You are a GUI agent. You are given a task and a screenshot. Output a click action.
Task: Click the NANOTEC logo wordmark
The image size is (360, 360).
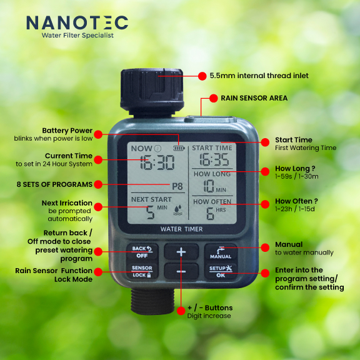[77, 22]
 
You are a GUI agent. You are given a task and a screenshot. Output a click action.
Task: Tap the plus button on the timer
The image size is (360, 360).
[181, 252]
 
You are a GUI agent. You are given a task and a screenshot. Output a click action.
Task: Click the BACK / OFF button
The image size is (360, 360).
[142, 252]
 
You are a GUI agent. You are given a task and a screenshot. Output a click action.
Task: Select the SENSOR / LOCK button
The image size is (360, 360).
[142, 271]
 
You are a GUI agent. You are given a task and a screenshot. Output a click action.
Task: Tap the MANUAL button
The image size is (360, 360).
[221, 252]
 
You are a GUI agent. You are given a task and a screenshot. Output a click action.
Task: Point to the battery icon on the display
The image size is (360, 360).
[179, 148]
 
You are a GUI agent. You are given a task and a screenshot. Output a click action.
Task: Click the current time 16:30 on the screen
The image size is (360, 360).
[157, 162]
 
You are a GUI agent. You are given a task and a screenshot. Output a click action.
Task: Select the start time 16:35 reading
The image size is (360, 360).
[214, 159]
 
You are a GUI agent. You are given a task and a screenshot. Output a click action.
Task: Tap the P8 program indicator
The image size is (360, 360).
[177, 186]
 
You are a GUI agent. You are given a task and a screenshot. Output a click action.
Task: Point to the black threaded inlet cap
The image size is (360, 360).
[152, 91]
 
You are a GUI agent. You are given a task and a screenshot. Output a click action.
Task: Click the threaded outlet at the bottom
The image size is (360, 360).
[152, 301]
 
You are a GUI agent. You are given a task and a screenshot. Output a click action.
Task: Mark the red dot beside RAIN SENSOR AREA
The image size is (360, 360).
[213, 98]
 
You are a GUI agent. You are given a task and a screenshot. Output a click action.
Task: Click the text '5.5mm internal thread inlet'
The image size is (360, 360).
[259, 76]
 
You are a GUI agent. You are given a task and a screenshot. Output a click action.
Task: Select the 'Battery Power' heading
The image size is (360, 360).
[67, 131]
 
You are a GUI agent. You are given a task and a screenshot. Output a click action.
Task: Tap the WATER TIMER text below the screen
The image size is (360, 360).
[181, 229]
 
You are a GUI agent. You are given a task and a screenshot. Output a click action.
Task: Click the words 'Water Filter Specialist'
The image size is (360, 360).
[77, 36]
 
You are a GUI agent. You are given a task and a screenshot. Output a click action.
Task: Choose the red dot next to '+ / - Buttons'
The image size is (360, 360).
[181, 311]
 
